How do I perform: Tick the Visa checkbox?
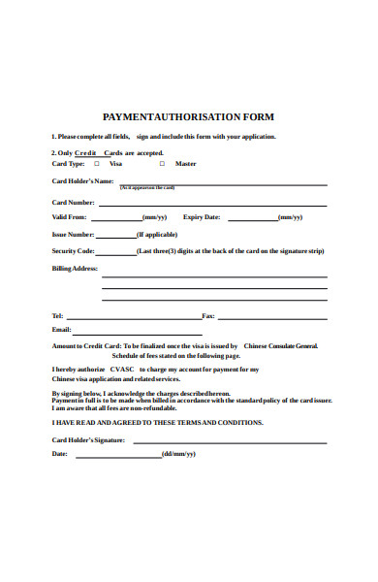[x=97, y=164]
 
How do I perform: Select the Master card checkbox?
[x=162, y=164]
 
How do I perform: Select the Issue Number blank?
[x=116, y=236]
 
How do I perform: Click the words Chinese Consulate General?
[x=280, y=345]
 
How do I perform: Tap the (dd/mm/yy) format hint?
[x=178, y=454]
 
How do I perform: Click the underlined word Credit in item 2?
[x=87, y=152]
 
